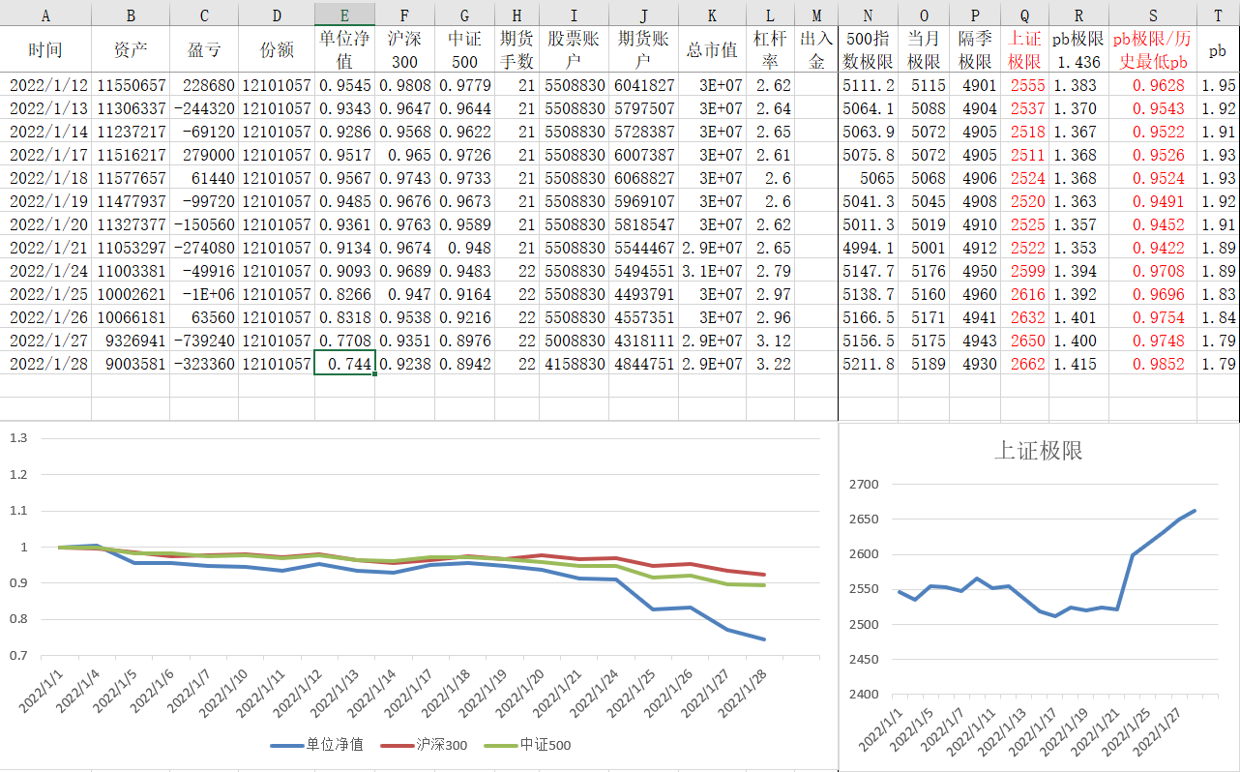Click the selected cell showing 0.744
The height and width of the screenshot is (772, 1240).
click(344, 364)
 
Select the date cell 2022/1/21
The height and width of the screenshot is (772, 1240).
click(45, 248)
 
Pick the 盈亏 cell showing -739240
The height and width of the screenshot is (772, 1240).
click(204, 341)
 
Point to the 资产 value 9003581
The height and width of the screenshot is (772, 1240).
click(132, 364)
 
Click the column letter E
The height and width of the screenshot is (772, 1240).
click(344, 15)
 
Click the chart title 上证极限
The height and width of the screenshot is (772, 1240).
click(1038, 451)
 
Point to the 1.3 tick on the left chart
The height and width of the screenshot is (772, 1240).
click(18, 438)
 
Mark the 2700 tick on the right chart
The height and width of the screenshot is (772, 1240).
click(863, 485)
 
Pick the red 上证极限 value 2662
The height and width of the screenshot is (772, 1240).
click(1026, 364)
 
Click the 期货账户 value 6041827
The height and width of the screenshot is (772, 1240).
click(644, 85)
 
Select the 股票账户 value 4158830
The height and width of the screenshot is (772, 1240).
click(575, 364)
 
